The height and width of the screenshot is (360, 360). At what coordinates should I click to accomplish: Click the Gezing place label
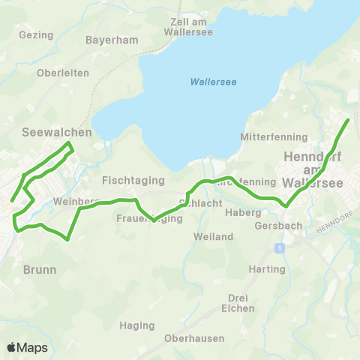37,34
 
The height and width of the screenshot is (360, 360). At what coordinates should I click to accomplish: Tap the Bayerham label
108,40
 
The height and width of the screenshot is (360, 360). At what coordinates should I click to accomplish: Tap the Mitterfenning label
274,137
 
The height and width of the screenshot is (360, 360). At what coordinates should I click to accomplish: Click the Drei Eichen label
238,302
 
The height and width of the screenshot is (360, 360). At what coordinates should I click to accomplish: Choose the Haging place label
136,325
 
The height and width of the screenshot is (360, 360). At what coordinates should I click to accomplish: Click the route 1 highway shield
278,247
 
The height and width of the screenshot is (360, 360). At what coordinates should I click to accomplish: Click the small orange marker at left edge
4,201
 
